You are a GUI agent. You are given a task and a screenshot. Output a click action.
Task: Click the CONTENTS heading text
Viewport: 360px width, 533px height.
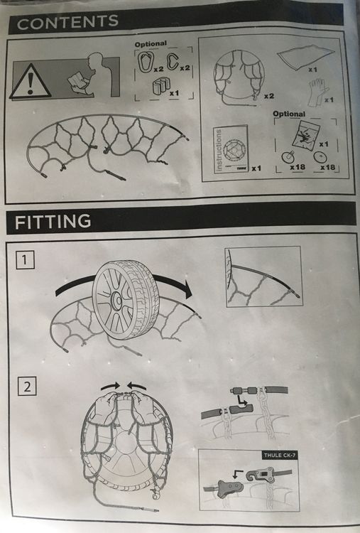pos(67,23)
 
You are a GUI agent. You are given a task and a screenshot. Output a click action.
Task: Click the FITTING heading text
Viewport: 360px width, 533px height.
pos(53,222)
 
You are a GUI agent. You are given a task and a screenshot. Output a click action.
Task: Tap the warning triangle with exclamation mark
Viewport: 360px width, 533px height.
pos(30,82)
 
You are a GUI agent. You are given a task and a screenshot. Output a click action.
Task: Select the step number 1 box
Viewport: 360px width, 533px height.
pos(26,260)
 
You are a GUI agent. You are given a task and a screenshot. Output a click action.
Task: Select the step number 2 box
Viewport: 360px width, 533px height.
pos(27,386)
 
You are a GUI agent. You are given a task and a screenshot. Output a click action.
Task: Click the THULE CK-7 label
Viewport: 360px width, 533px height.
pos(280,455)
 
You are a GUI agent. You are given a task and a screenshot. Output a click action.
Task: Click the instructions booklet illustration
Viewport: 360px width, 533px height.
pos(231,149)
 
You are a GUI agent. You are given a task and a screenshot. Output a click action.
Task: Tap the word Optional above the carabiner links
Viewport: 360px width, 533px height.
pos(151,44)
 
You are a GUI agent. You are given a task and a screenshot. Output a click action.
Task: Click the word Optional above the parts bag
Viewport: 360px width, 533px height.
pos(289,114)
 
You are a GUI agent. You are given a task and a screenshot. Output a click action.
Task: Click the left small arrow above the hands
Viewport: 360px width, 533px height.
pos(110,386)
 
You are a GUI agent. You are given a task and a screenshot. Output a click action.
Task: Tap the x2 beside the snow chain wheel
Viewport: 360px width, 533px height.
pos(269,96)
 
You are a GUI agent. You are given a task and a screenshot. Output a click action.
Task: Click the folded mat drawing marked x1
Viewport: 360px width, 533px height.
pos(305,56)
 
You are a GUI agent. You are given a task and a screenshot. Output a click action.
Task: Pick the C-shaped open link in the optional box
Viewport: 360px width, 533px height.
pos(173,61)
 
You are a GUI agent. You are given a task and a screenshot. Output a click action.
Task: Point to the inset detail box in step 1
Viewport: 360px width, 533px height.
pos(263,276)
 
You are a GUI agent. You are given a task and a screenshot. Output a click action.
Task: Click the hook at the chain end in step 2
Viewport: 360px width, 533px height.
pos(156,496)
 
